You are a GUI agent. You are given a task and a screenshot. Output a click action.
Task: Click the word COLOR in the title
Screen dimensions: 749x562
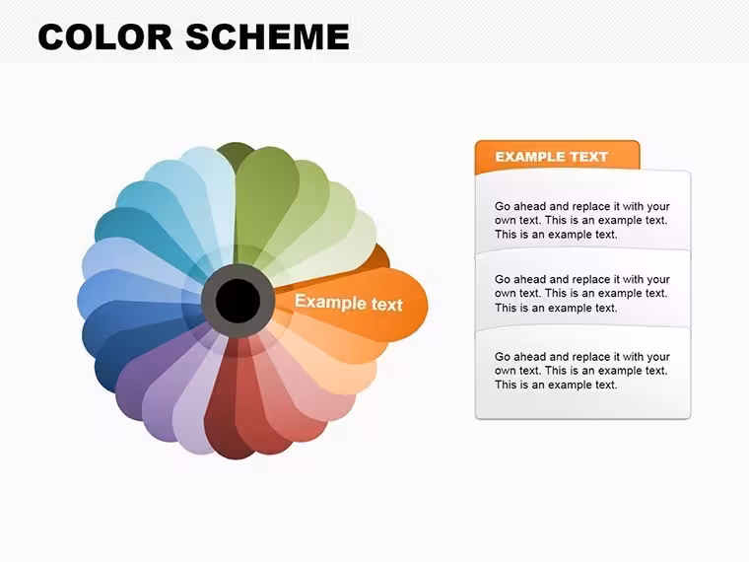coord(105,36)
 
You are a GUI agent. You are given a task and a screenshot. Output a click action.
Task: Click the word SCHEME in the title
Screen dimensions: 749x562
coord(267,36)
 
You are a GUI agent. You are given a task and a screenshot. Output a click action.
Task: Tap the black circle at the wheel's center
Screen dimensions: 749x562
coord(238,301)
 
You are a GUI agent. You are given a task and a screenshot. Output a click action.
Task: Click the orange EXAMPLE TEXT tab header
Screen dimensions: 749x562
coord(557,157)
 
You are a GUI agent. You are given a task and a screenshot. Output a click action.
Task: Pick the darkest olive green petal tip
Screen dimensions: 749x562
coord(235,152)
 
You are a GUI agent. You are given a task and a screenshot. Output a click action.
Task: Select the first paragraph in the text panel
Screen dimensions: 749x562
coord(581,220)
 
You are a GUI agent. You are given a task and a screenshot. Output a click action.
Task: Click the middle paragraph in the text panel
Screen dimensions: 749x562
coord(581,293)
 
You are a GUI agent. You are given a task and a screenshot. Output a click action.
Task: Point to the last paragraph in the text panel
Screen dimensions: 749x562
coord(581,371)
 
